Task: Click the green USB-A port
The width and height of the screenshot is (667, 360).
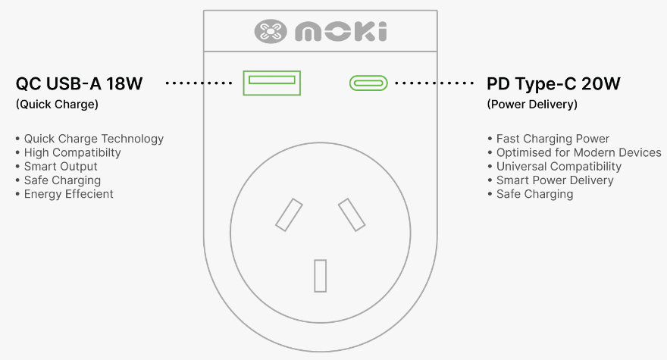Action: [x=272, y=83]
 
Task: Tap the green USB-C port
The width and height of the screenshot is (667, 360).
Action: [x=368, y=83]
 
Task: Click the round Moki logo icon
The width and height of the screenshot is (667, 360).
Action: [x=271, y=31]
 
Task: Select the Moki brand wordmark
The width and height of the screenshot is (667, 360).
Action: [x=341, y=32]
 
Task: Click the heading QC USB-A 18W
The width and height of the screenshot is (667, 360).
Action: [x=79, y=84]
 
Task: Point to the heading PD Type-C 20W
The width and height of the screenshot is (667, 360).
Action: [x=553, y=84]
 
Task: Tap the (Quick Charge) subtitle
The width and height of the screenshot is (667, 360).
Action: [x=57, y=105]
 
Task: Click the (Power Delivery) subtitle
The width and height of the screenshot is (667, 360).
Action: [x=532, y=105]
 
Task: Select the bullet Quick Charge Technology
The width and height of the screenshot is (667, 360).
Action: [x=93, y=139]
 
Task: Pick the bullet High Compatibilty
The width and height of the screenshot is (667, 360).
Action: [x=72, y=152]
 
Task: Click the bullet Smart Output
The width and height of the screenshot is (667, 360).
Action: [x=61, y=167]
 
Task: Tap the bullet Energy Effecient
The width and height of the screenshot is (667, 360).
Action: [x=68, y=194]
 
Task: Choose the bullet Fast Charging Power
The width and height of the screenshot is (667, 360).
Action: [x=553, y=139]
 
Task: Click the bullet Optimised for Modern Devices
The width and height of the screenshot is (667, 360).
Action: [x=578, y=152]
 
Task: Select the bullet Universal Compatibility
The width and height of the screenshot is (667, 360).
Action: [x=559, y=167]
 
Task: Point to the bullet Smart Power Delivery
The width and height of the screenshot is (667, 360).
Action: [x=555, y=180]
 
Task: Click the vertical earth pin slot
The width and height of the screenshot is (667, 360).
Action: [x=321, y=276]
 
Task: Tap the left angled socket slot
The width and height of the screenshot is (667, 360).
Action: [x=289, y=215]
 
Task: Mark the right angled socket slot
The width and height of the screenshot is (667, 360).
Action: [x=352, y=215]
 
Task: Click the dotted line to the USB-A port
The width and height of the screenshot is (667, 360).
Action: [x=199, y=83]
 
